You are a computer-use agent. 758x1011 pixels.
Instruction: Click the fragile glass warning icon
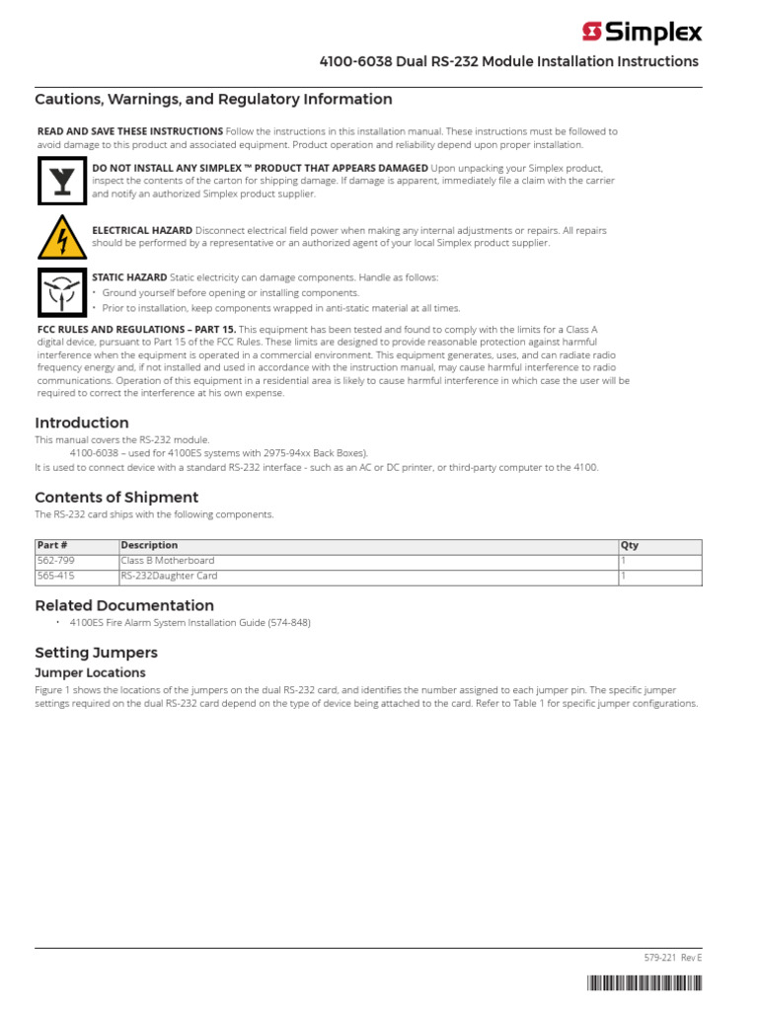(x=61, y=181)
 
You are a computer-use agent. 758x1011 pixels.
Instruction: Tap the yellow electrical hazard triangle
(x=61, y=237)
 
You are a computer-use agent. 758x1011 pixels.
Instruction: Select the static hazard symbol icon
(x=61, y=291)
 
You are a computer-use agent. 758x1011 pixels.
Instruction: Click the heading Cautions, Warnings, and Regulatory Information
(x=213, y=99)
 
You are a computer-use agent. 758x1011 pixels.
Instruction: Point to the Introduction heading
(x=82, y=423)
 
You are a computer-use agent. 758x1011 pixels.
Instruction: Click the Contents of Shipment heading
(x=116, y=497)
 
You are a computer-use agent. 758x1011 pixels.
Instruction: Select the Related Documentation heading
(x=124, y=605)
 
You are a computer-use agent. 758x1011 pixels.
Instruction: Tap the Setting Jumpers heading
(x=96, y=653)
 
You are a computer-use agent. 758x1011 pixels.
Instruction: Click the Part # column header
(x=52, y=545)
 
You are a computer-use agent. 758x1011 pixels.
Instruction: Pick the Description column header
(x=149, y=545)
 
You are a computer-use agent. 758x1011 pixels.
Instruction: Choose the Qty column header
(x=630, y=545)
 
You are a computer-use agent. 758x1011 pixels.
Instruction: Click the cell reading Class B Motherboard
(x=167, y=561)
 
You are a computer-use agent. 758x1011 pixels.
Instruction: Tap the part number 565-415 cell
(x=56, y=576)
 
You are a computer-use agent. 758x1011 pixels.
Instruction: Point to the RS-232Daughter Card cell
(x=169, y=576)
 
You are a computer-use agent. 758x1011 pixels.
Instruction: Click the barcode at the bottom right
(x=645, y=982)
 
